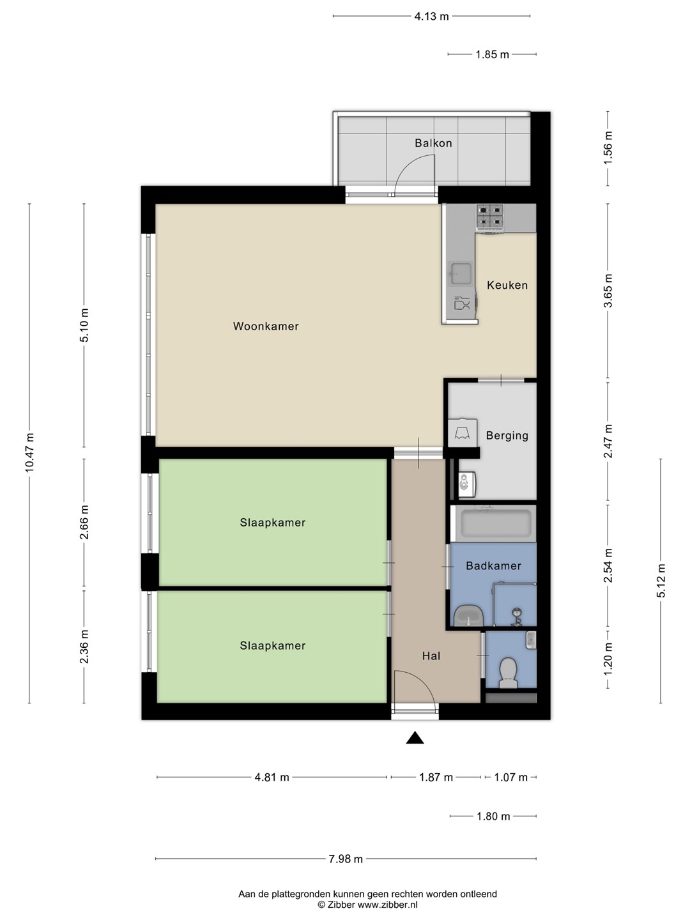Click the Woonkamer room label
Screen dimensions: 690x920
[266, 326]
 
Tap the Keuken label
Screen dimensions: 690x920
[507, 285]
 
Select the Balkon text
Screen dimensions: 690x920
[433, 143]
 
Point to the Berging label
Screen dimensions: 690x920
[507, 436]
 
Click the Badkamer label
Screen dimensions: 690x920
[493, 566]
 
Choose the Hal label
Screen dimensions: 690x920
[431, 656]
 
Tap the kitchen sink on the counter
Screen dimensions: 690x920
[461, 273]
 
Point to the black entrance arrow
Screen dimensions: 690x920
[415, 737]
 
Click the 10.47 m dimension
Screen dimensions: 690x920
[29, 453]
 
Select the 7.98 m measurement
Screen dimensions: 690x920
[346, 859]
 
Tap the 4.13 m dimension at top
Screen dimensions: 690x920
[431, 17]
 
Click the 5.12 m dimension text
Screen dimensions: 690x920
[661, 581]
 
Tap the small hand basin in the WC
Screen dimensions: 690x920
[531, 640]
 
